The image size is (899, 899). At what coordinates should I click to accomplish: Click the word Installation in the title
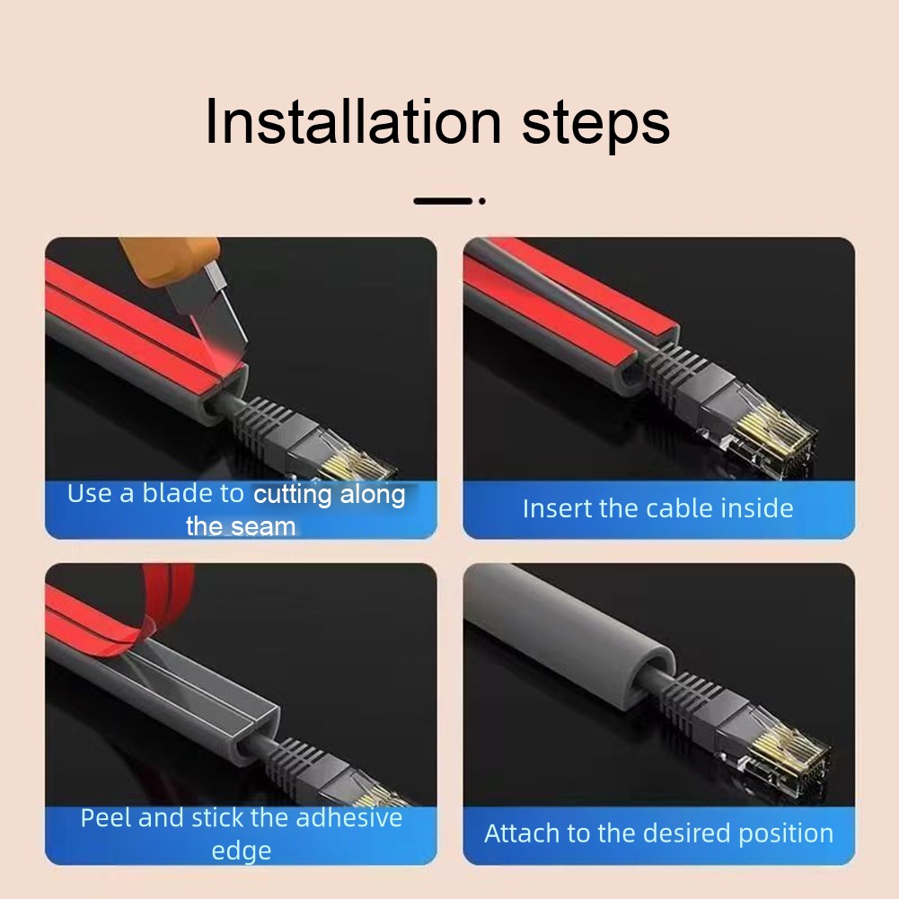pyautogui.click(x=353, y=121)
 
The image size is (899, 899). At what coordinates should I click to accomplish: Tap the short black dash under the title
pyautogui.click(x=443, y=200)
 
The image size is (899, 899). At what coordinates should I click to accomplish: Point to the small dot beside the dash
pyautogui.click(x=482, y=201)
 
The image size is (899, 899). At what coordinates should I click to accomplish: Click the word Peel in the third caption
pyautogui.click(x=106, y=818)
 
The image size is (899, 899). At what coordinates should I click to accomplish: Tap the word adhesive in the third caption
pyautogui.click(x=349, y=818)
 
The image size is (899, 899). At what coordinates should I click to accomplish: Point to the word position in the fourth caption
pyautogui.click(x=786, y=834)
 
